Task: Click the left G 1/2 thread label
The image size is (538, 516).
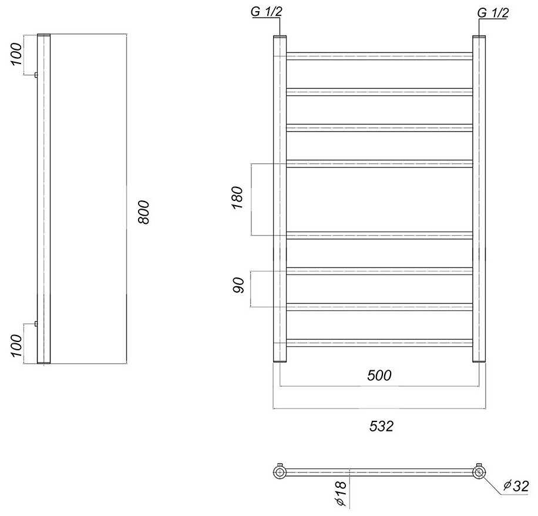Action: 266,13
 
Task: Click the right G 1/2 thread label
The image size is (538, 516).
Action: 493,13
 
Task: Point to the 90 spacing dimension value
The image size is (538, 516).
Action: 238,287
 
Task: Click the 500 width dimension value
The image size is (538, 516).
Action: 379,376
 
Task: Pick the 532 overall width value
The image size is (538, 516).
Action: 381,426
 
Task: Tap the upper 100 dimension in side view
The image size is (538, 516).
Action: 16,55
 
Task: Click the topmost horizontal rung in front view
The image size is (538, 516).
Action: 379,56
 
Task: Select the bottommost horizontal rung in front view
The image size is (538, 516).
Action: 379,343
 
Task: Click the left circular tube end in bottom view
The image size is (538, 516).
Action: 280,472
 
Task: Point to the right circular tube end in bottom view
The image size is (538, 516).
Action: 479,472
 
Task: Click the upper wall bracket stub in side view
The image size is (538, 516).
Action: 36,75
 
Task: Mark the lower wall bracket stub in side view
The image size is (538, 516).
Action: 36,324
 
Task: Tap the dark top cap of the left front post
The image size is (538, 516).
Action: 280,38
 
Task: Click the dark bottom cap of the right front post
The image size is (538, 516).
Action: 479,362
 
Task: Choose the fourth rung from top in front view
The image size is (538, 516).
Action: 379,163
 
